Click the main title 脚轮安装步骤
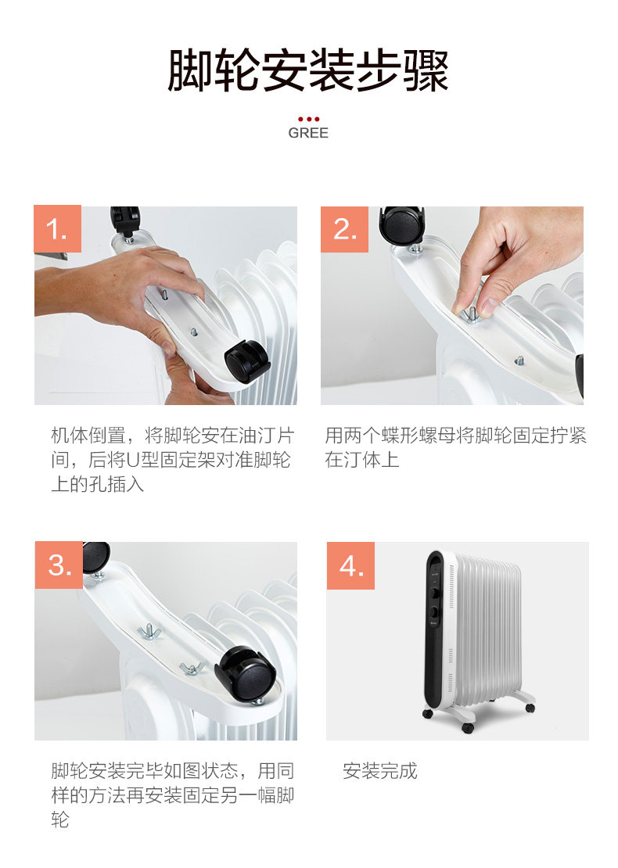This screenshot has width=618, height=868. click(308, 70)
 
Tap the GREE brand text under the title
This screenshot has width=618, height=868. click(308, 133)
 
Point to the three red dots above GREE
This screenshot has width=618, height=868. click(308, 119)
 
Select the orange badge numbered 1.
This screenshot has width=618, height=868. click(58, 228)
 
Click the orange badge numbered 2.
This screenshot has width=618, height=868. click(344, 229)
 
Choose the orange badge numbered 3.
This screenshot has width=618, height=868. click(59, 565)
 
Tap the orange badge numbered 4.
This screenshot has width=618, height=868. click(350, 565)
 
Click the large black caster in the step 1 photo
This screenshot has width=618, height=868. click(247, 360)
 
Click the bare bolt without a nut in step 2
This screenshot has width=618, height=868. click(519, 361)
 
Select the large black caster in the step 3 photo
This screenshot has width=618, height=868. click(246, 674)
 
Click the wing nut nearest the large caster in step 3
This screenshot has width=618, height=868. click(191, 668)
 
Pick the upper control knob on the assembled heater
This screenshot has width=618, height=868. click(435, 593)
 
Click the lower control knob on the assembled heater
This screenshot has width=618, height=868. click(435, 613)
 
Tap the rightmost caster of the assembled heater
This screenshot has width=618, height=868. click(530, 708)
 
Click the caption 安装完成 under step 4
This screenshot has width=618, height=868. click(380, 770)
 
